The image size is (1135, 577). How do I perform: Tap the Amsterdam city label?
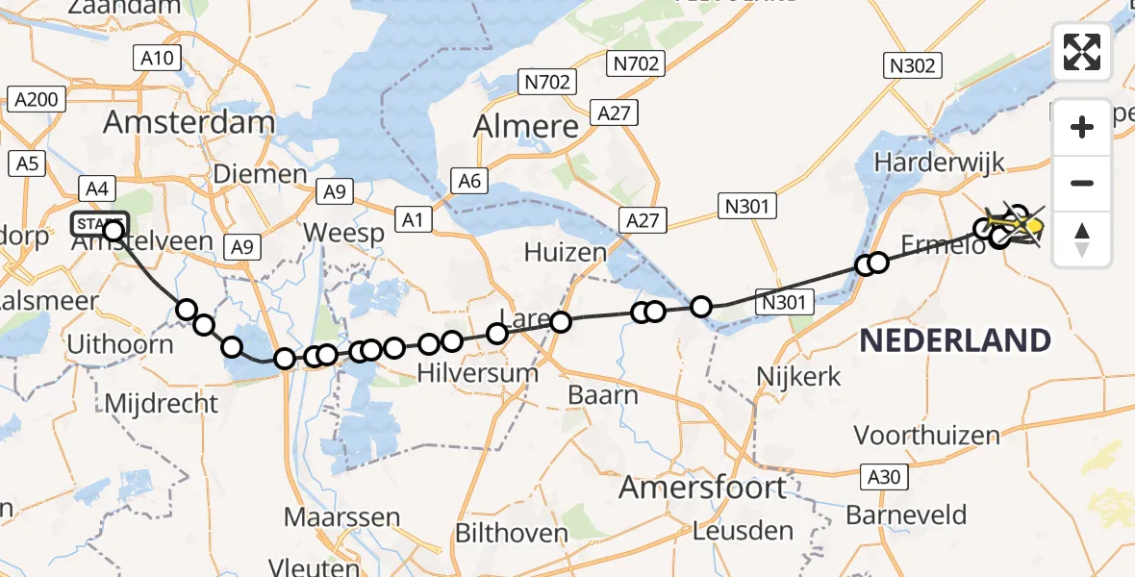tap(189, 122)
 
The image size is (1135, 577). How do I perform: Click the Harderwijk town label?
tap(932, 163)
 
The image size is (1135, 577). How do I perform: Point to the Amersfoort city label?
tap(702, 487)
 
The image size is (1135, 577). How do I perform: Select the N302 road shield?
tap(912, 64)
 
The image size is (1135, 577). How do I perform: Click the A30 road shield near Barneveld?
tap(878, 475)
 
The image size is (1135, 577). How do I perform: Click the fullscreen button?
tap(1082, 52)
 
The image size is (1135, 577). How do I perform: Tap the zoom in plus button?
tap(1082, 127)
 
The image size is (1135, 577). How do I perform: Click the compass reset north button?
tap(1082, 239)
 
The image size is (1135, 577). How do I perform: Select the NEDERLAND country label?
tap(955, 340)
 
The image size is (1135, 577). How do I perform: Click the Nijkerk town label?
tap(799, 376)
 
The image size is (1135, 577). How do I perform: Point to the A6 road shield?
tap(468, 181)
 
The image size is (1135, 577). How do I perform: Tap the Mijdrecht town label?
tap(161, 403)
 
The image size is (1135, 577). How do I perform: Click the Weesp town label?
tap(343, 234)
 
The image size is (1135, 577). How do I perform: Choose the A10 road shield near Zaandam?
tap(156, 59)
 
